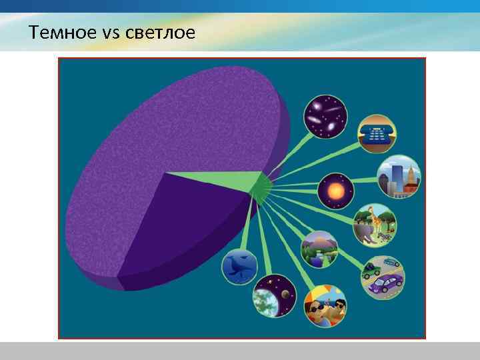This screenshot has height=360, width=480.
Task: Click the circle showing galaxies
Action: tap(325, 116)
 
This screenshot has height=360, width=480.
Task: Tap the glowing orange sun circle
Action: tap(335, 192)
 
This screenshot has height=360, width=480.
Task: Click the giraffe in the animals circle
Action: tap(379, 217)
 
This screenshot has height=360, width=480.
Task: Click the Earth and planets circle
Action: tap(274, 295)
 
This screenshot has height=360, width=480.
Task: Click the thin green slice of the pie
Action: tap(220, 179)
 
